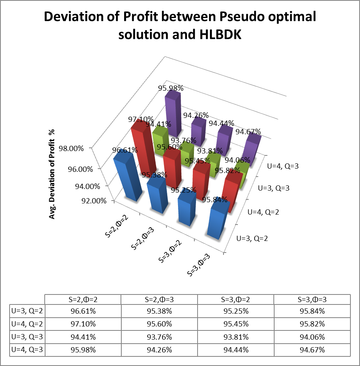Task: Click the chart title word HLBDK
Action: point(220,34)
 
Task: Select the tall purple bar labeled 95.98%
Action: point(173,113)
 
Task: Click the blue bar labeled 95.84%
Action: point(217,221)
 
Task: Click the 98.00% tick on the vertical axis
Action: point(71,149)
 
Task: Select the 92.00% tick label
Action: point(94,201)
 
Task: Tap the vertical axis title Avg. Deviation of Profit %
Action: point(52,174)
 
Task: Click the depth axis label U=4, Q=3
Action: point(283,166)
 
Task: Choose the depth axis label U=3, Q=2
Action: point(252,239)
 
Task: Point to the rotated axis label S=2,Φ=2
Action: point(117,226)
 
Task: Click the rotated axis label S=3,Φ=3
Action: point(199,265)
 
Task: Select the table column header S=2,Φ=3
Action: point(159,300)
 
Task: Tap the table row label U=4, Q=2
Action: point(27,324)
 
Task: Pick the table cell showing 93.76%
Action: point(159,337)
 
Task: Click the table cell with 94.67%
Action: point(312,350)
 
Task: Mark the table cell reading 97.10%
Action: point(83,324)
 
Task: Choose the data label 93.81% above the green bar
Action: point(210,151)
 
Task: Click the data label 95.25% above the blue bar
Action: point(184,190)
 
